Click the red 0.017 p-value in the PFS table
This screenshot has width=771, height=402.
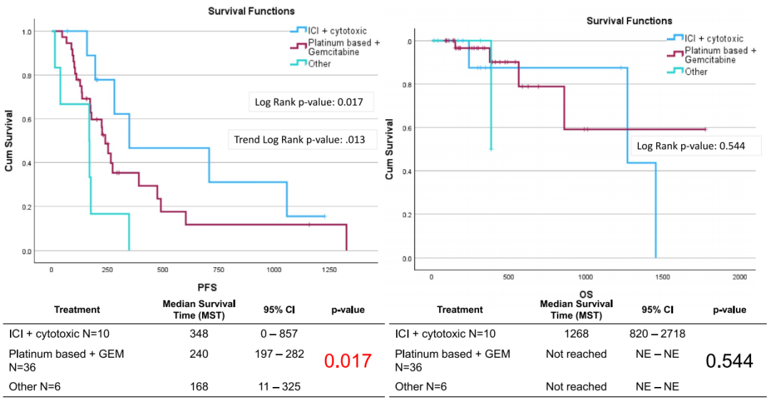[348, 361]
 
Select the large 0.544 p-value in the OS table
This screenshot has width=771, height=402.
[729, 361]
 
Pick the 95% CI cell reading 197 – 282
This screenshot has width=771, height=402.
[278, 354]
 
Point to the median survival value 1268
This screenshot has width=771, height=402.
[576, 334]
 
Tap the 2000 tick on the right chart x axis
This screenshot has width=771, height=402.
[740, 276]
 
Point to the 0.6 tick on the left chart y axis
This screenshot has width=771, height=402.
[27, 119]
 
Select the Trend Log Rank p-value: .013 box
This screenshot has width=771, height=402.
[300, 140]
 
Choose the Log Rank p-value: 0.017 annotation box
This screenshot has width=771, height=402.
[309, 102]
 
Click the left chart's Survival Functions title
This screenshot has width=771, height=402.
[251, 11]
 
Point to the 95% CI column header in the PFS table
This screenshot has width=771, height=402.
[278, 310]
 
